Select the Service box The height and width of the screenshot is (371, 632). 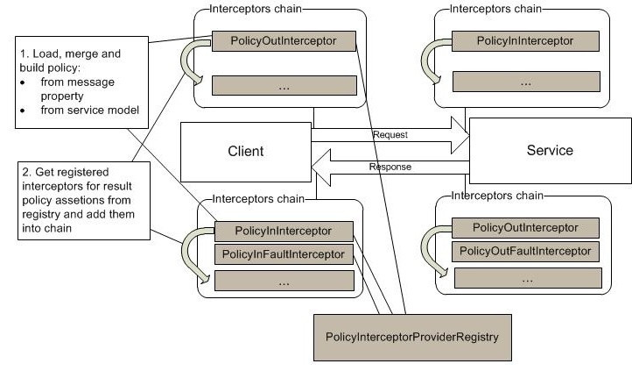pyautogui.click(x=549, y=150)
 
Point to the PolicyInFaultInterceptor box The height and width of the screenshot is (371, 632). pyautogui.click(x=284, y=254)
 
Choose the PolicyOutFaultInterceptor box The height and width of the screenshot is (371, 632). pyautogui.click(x=526, y=251)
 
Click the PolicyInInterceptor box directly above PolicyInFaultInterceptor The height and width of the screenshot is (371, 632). pyautogui.click(x=284, y=231)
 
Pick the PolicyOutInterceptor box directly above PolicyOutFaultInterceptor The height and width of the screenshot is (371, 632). pyautogui.click(x=526, y=228)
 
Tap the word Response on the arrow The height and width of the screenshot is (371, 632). pyautogui.click(x=390, y=166)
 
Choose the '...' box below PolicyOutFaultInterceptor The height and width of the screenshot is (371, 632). pyautogui.click(x=526, y=277)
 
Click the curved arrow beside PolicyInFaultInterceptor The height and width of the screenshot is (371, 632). pyautogui.click(x=194, y=254)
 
